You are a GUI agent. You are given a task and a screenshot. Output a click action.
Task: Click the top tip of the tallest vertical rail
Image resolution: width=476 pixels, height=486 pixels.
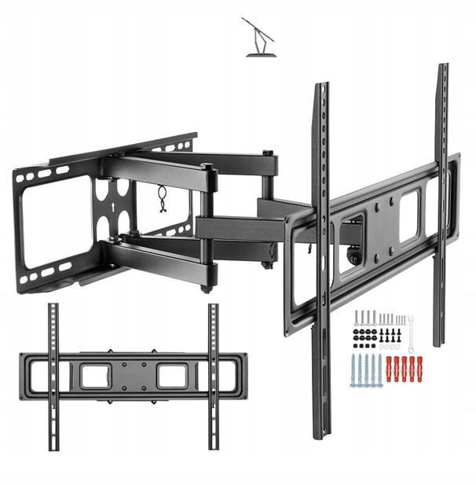click(442, 66)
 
